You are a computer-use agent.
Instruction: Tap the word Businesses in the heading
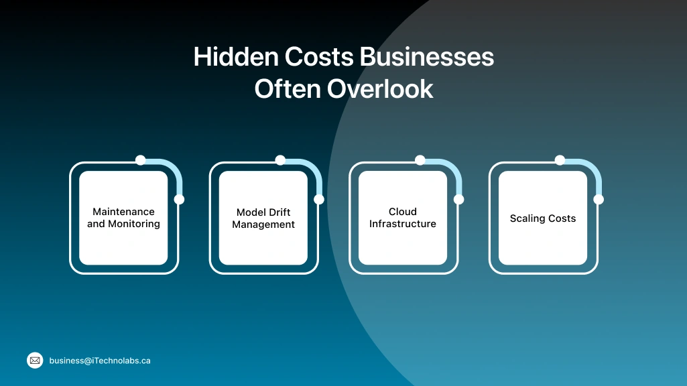pyautogui.click(x=427, y=58)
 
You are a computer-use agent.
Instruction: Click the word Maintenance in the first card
pyautogui.click(x=123, y=212)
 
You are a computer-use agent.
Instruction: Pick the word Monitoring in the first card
pyautogui.click(x=134, y=224)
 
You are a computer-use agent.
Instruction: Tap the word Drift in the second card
pyautogui.click(x=280, y=212)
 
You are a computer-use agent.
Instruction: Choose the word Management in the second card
pyautogui.click(x=263, y=224)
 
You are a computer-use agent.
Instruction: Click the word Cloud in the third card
pyautogui.click(x=403, y=212)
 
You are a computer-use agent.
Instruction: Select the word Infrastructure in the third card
pyautogui.click(x=403, y=224)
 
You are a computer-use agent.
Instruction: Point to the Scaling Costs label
pyautogui.click(x=543, y=218)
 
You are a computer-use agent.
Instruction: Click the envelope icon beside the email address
pyautogui.click(x=35, y=361)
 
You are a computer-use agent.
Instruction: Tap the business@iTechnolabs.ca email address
pyautogui.click(x=100, y=361)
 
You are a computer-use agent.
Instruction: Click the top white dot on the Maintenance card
pyautogui.click(x=141, y=160)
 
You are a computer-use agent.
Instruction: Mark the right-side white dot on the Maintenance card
pyautogui.click(x=179, y=199)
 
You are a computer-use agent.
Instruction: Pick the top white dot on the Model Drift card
pyautogui.click(x=280, y=160)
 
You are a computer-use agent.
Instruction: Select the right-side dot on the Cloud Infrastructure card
pyautogui.click(x=458, y=199)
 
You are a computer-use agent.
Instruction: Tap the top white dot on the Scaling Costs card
pyautogui.click(x=560, y=160)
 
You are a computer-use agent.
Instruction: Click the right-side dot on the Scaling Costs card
pyautogui.click(x=599, y=199)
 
